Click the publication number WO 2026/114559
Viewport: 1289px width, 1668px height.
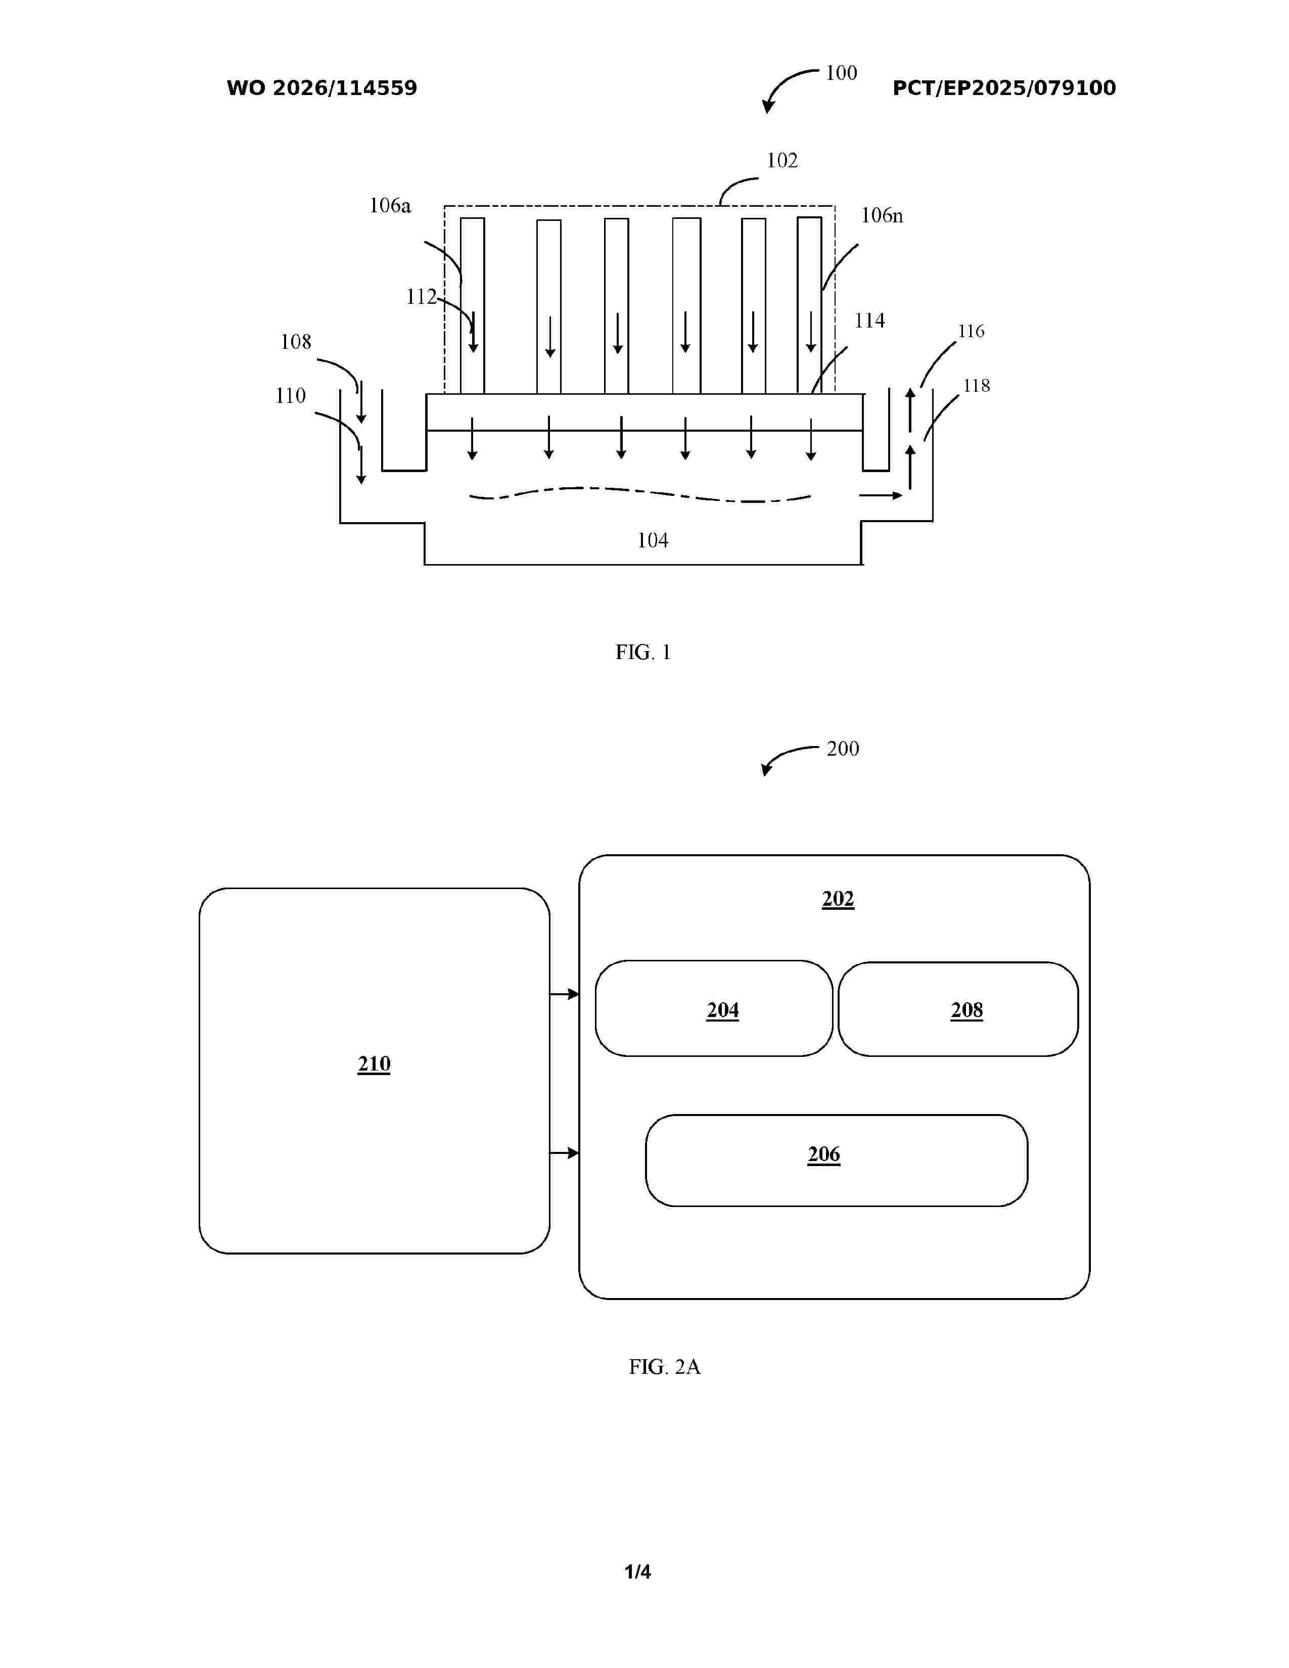pos(321,88)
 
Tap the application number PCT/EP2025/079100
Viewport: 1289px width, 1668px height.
pos(1004,88)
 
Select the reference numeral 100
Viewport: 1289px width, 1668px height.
pos(842,73)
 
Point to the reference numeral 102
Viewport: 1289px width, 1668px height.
pos(782,160)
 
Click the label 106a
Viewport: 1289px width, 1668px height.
pos(390,205)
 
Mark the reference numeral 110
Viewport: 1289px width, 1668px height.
pos(290,396)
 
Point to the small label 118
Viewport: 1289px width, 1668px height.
pos(977,386)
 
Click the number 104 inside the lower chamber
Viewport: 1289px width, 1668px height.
pos(653,541)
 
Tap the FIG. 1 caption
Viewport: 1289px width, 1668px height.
pos(643,652)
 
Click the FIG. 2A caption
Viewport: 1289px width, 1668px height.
pos(664,1366)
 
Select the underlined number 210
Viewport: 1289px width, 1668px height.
pos(374,1064)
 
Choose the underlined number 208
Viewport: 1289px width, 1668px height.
pos(966,1010)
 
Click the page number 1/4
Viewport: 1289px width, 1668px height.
pos(637,1572)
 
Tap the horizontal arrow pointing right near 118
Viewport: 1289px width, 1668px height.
pos(881,496)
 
